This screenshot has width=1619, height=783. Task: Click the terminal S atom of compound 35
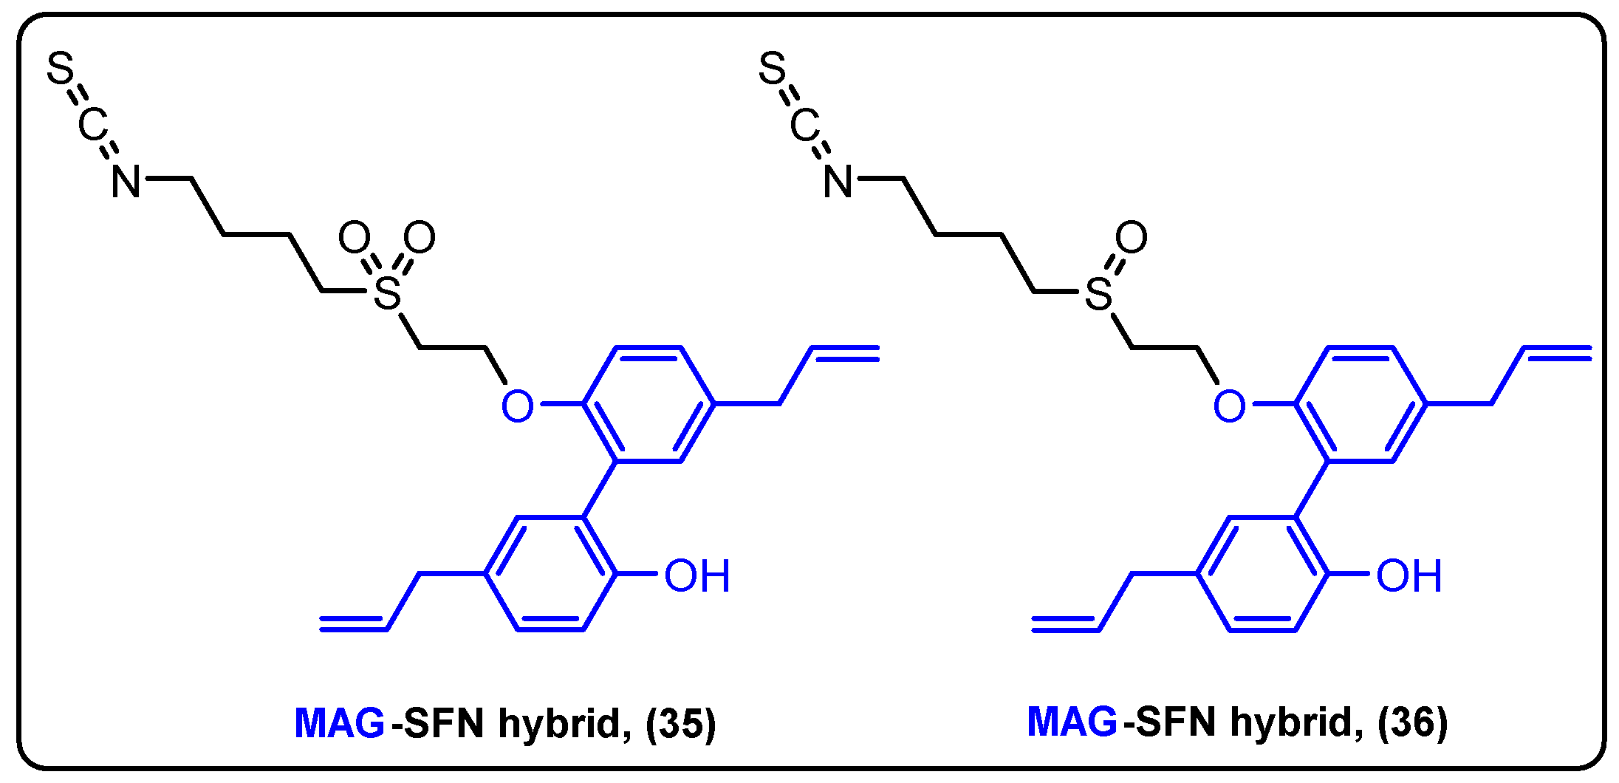click(61, 68)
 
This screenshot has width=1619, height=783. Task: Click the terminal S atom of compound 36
click(773, 68)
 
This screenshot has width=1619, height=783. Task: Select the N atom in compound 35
click(126, 181)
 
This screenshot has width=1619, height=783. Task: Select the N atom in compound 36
click(838, 181)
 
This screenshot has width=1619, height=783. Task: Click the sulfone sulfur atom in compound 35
click(387, 293)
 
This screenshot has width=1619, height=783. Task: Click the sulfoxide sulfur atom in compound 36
click(1099, 293)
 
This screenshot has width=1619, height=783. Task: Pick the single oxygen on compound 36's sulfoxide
click(1132, 238)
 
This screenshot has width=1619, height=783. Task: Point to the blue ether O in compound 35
click(517, 406)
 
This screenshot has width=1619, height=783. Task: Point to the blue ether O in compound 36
click(1229, 406)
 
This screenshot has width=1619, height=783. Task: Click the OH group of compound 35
click(696, 575)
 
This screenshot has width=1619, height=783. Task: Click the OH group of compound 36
click(1409, 575)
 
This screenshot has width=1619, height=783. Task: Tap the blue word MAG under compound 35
click(340, 723)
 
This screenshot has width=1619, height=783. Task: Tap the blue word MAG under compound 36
click(1072, 722)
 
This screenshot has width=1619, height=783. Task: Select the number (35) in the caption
click(680, 723)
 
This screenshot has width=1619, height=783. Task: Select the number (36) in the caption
click(1412, 722)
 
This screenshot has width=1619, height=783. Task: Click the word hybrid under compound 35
click(565, 723)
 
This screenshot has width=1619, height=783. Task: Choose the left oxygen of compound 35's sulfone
click(355, 238)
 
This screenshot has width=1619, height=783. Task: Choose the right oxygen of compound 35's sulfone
click(420, 238)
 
